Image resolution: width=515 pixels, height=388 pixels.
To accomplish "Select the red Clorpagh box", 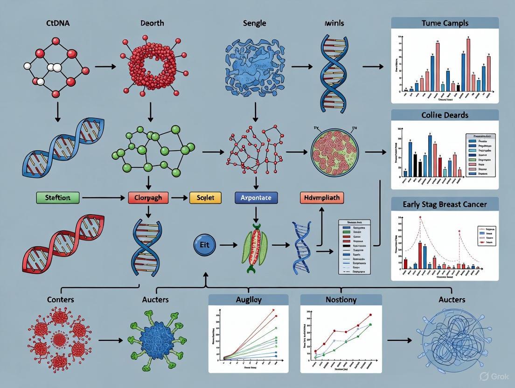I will click(x=148, y=198).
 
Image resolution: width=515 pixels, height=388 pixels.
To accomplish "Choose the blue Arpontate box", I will click(x=256, y=198).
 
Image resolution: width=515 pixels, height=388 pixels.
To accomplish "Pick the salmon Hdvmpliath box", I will click(x=321, y=198).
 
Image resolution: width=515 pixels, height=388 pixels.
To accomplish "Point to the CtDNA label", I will click(x=58, y=23).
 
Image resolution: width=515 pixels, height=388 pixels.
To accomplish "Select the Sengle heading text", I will click(x=255, y=23).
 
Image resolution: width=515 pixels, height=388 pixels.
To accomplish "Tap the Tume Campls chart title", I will click(x=444, y=23).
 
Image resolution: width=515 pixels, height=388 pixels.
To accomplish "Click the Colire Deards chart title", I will click(x=444, y=115).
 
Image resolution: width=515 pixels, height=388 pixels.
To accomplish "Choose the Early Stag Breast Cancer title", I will click(x=444, y=204).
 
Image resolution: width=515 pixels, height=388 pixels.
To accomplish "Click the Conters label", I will click(x=61, y=299).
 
